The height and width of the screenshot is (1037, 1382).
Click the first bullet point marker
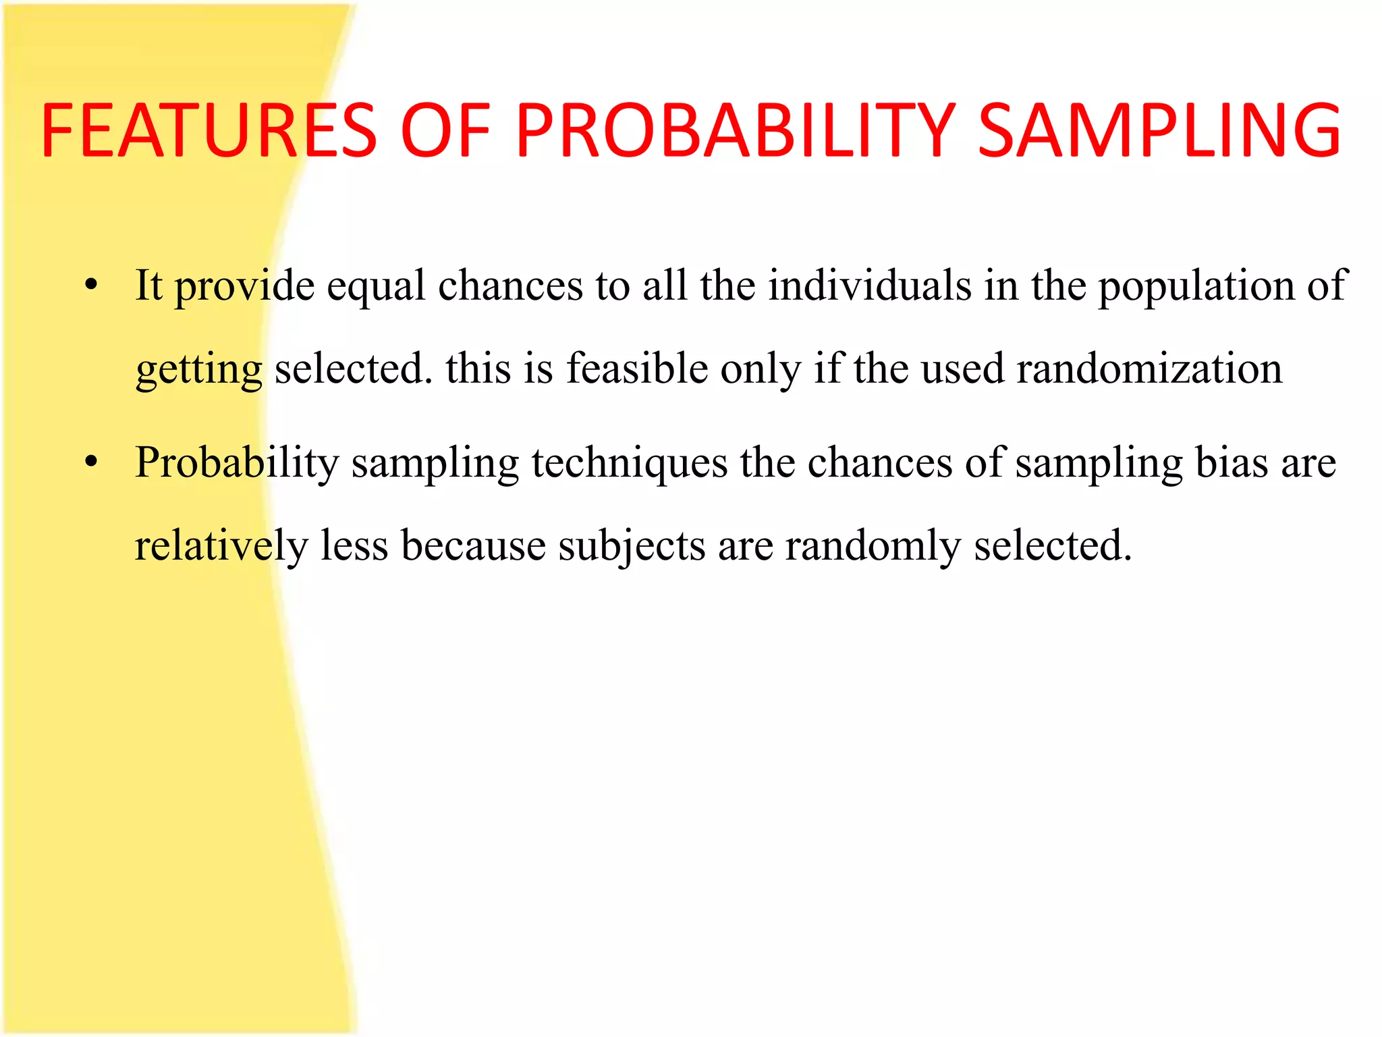[x=92, y=284]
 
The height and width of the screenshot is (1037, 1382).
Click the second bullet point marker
[x=92, y=462]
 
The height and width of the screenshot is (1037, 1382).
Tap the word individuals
[x=870, y=285]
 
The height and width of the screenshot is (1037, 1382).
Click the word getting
[x=199, y=371]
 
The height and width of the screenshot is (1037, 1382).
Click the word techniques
[x=630, y=464]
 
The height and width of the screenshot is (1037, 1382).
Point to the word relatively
[x=221, y=546]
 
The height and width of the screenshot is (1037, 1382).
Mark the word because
[x=473, y=546]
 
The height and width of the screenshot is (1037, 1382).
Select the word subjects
[x=632, y=546]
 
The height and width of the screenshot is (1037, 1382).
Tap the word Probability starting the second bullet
[x=237, y=464]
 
